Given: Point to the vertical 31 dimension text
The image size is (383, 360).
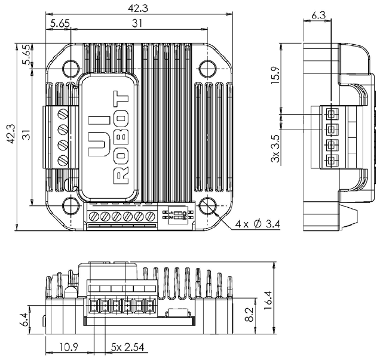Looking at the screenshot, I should point(26,136).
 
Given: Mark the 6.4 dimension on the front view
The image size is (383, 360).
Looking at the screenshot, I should point(24,321).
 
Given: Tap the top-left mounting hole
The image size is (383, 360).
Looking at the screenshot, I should point(71,68).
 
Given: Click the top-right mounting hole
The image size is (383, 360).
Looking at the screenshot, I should point(207,68).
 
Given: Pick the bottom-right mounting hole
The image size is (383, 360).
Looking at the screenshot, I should point(207,206).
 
